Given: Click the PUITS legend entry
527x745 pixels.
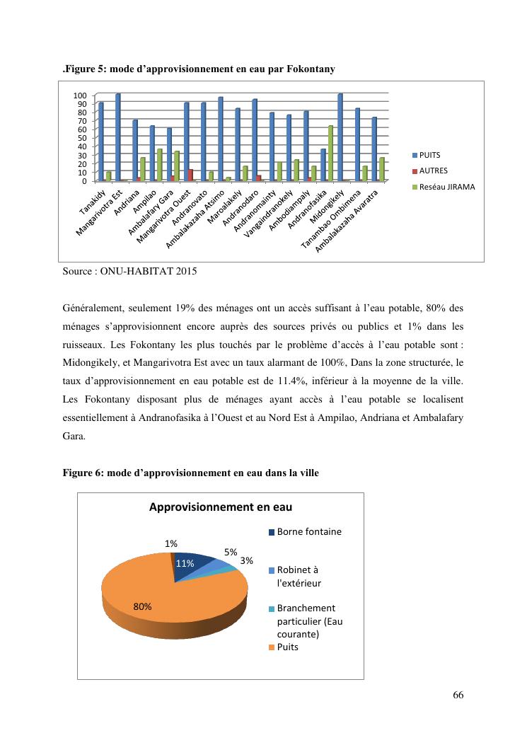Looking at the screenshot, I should click(429, 155).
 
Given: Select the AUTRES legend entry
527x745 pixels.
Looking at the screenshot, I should click(432, 171).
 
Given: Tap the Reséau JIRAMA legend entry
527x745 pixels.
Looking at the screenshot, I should click(444, 187).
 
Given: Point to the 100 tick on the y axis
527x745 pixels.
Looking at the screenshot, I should click(80, 96).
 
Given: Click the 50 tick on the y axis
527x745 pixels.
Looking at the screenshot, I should click(82, 138).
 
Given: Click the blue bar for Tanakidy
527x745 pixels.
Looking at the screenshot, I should click(101, 142).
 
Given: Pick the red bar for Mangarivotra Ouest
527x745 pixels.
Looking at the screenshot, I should click(190, 175).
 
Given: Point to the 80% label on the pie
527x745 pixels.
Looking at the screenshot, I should click(143, 606).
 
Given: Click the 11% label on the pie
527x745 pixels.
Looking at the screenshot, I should click(185, 564).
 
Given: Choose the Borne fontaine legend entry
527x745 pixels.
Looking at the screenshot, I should click(304, 531).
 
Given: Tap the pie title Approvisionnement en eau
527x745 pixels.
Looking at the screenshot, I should click(220, 507).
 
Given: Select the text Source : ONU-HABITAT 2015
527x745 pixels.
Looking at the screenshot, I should click(129, 271).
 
